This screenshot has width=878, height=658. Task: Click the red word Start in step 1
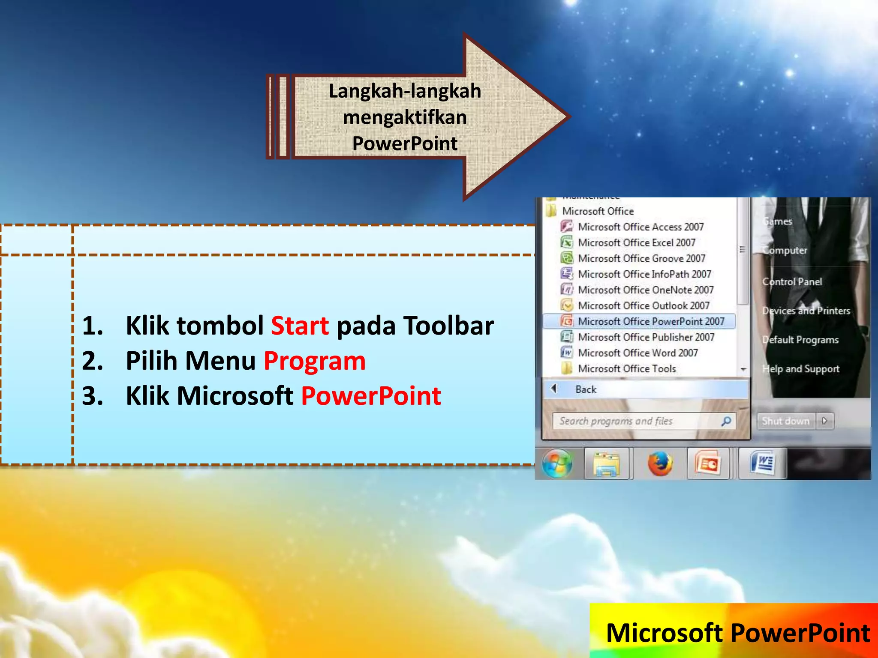[300, 326]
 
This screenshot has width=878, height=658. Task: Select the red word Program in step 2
[314, 361]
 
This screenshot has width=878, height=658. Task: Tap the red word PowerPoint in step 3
[371, 395]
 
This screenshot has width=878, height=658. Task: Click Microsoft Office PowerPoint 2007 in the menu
[651, 321]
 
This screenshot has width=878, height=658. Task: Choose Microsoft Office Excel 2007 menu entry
[636, 242]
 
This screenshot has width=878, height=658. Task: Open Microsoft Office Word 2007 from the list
[637, 353]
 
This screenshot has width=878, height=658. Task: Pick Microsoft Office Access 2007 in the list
[640, 227]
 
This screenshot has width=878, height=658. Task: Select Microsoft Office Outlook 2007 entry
[643, 305]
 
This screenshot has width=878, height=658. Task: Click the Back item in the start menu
[586, 389]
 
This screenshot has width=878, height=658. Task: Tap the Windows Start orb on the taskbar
[557, 464]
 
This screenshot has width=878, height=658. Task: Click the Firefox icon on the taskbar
[660, 464]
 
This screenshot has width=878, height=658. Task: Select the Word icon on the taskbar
[762, 464]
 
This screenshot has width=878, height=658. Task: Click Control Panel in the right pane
[792, 281]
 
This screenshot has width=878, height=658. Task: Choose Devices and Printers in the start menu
[806, 311]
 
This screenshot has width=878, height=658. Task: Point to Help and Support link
[800, 369]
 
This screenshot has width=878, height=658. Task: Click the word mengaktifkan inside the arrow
[405, 117]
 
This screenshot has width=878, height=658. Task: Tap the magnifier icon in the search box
[726, 421]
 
